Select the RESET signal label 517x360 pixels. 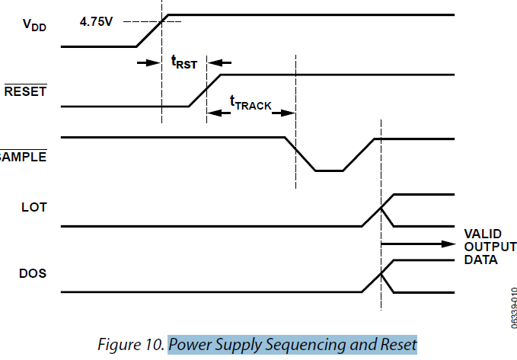pos(25,92)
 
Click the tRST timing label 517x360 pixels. pos(184,62)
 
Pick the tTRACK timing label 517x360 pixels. pos(251,103)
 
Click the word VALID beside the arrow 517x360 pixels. pos(481,233)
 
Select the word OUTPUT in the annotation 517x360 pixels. pos(490,247)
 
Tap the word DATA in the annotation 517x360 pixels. pos(480,260)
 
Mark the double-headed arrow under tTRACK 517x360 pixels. pos(251,113)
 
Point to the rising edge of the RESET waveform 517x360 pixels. pos(206,91)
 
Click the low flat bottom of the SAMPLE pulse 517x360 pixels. pos(330,170)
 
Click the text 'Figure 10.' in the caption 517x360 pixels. pos(132,344)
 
